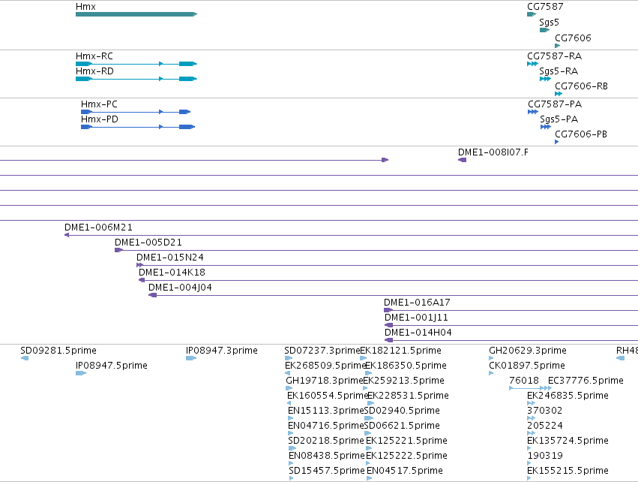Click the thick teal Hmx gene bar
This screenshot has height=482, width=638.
(136, 14)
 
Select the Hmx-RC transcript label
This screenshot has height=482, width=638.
(94, 56)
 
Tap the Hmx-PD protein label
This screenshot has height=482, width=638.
(100, 119)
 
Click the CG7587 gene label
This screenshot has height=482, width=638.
(545, 7)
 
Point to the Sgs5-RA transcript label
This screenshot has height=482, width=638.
(559, 71)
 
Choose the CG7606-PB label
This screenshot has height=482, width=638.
(581, 134)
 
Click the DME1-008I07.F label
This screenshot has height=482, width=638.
(493, 152)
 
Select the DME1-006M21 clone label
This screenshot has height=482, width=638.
(98, 227)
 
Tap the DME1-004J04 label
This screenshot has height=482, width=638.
(180, 288)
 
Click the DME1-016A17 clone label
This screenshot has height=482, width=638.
(417, 303)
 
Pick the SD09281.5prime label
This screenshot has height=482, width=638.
(58, 351)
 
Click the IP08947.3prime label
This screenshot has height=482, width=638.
(222, 351)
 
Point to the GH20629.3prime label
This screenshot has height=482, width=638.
(528, 351)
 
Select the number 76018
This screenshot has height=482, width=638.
(524, 380)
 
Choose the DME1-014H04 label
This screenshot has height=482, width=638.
(418, 333)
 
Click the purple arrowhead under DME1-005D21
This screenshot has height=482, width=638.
(118, 250)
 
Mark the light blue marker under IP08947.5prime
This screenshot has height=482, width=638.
(81, 373)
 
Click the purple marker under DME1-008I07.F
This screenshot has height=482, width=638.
(463, 160)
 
